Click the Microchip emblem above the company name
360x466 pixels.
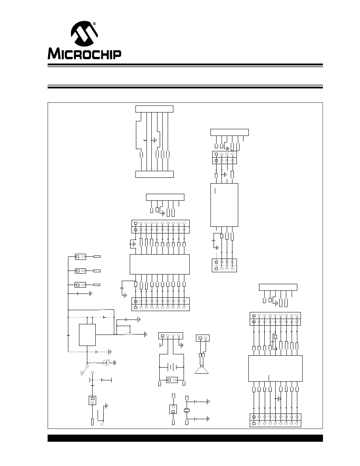84,33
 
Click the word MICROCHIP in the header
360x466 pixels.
84,54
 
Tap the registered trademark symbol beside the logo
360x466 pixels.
94,23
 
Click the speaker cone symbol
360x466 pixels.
201,370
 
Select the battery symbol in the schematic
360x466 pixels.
171,367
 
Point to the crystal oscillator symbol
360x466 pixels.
187,410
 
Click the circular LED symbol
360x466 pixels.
105,363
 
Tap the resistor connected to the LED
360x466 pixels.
93,363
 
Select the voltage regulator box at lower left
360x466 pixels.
87,335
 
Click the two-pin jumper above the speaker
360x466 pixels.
202,338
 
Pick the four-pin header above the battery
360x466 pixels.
170,335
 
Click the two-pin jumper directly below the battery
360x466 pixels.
172,380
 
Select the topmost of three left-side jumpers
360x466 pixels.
80,256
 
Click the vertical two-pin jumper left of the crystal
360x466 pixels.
173,409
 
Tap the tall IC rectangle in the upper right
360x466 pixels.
224,205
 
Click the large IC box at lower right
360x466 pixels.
275,368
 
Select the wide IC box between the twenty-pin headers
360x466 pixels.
160,264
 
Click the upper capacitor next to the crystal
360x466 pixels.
195,402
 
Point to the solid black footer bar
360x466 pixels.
185,438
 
